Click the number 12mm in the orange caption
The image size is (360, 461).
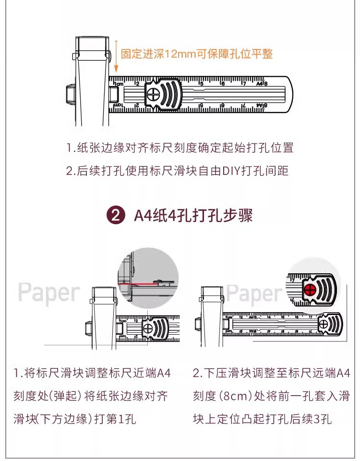tap(178, 54)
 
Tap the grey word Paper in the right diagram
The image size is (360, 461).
tap(254, 292)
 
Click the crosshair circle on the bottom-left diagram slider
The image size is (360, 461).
tap(148, 328)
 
